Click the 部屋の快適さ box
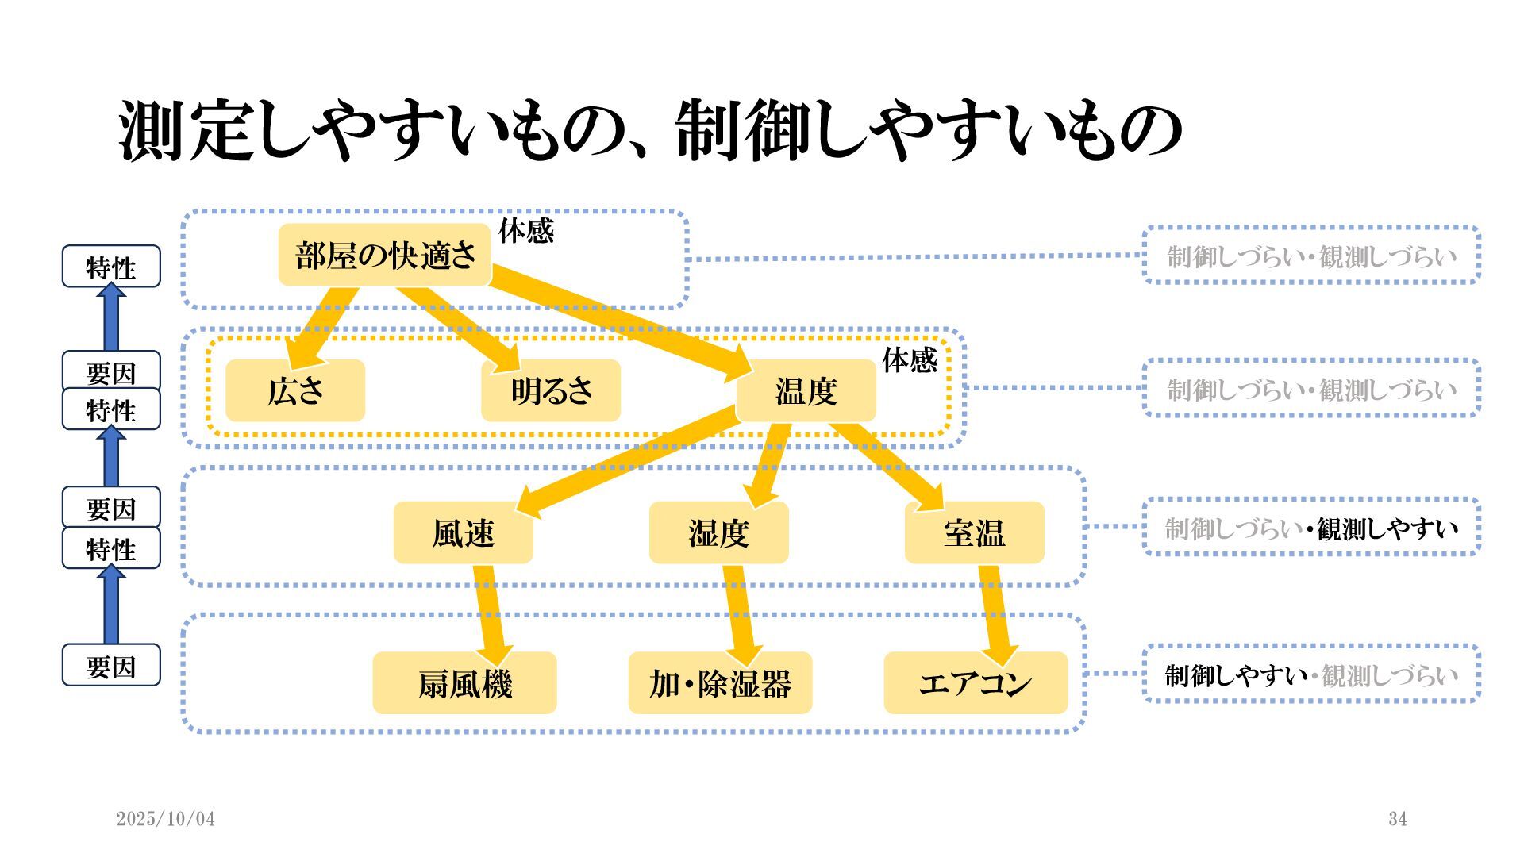pyautogui.click(x=385, y=256)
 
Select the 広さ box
pyautogui.click(x=295, y=390)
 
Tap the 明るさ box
pyautogui.click(x=551, y=390)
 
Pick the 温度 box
pyautogui.click(x=806, y=390)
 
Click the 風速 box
pyautogui.click(x=464, y=532)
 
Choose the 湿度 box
pyautogui.click(x=719, y=532)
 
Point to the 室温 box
pyautogui.click(x=975, y=532)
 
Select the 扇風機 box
pyautogui.click(x=465, y=683)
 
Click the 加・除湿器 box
pyautogui.click(x=721, y=683)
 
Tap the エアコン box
pyautogui.click(x=976, y=683)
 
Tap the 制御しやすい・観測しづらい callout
pyautogui.click(x=1311, y=674)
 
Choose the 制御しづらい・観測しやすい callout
pyautogui.click(x=1311, y=528)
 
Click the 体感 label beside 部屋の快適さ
pyautogui.click(x=525, y=231)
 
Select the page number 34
pyautogui.click(x=1398, y=819)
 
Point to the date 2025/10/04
pyautogui.click(x=166, y=819)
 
